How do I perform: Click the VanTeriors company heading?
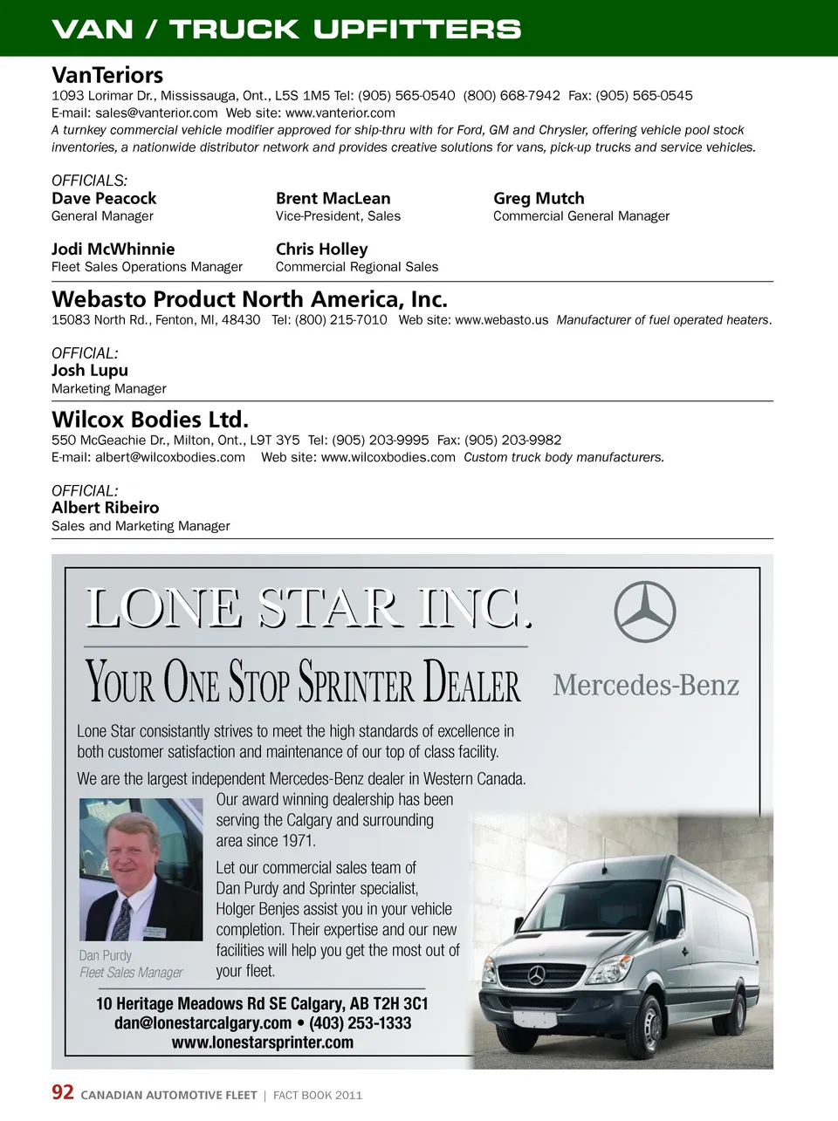pos(107,75)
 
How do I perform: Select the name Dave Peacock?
pos(104,199)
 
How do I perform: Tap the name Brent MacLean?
pos(333,199)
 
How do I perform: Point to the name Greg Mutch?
pos(539,199)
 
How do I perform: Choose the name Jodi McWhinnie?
pos(113,249)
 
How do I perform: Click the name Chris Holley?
pos(321,249)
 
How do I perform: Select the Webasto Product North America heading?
pos(249,299)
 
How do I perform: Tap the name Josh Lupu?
pos(89,371)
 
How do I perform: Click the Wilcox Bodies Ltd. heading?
pos(149,420)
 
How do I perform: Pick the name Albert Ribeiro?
pos(105,508)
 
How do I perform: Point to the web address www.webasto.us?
pos(502,320)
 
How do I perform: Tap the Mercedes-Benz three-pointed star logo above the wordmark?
pos(645,612)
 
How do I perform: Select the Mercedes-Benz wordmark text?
pos(646,686)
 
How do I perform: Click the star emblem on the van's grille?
pos(536,974)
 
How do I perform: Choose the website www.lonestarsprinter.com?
pos(262,1042)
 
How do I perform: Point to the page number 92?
pos(63,1093)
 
